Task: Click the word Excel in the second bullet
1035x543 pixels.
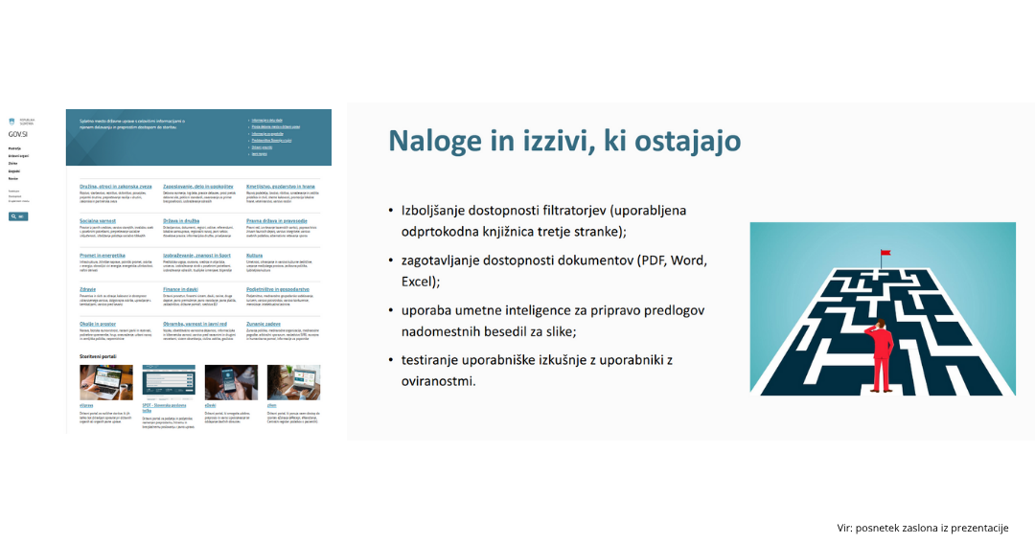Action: tap(419, 282)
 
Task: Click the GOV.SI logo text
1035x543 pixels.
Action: tap(17, 135)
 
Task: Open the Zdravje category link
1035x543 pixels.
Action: tap(89, 288)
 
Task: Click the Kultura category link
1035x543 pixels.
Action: tap(256, 255)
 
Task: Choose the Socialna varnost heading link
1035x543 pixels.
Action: tap(97, 220)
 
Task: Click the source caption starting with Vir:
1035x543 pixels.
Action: tap(922, 527)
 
